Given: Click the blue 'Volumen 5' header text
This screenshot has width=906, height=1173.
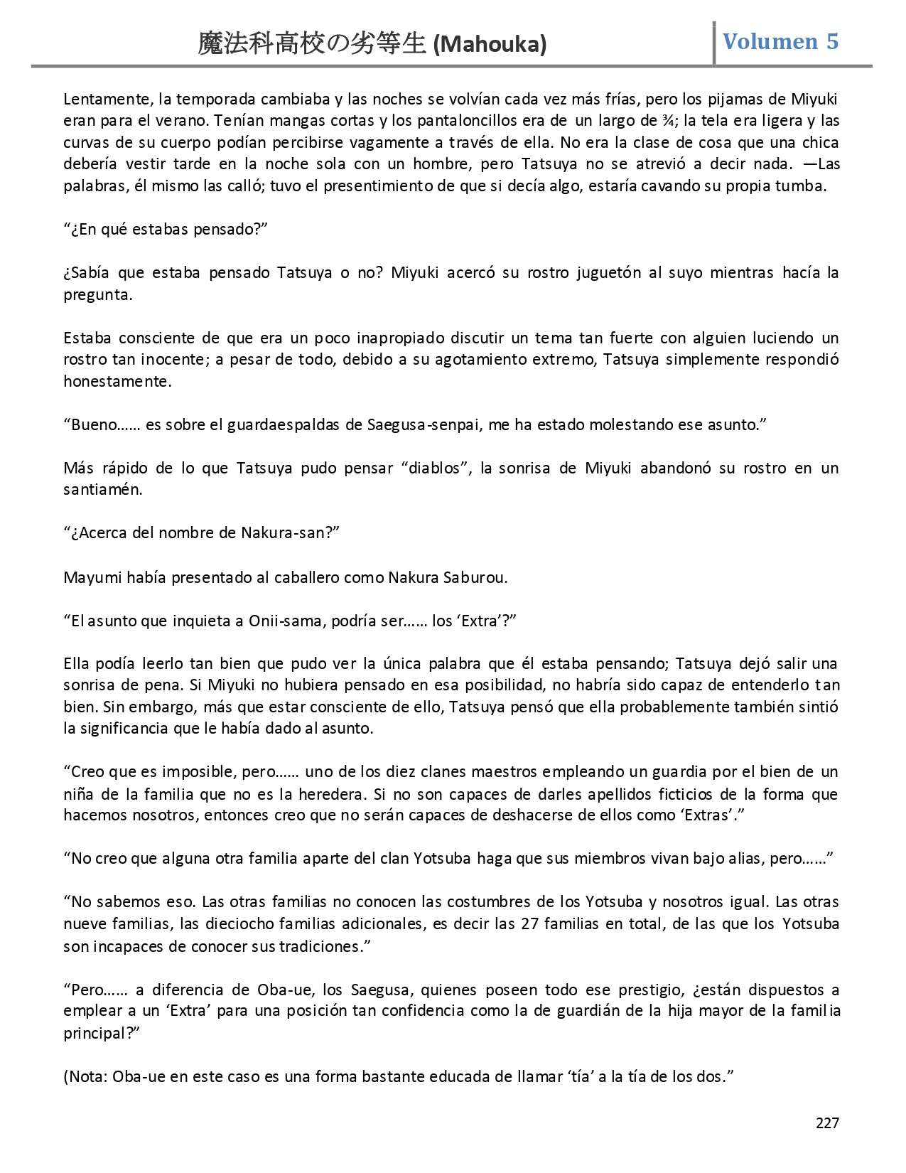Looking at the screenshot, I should (780, 41).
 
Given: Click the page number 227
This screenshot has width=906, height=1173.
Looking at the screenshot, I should (827, 1123).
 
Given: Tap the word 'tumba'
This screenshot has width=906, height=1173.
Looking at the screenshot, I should (806, 187).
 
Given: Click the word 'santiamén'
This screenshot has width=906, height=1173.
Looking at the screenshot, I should (103, 490).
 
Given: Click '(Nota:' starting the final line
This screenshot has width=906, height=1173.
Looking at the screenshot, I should (86, 1076).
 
